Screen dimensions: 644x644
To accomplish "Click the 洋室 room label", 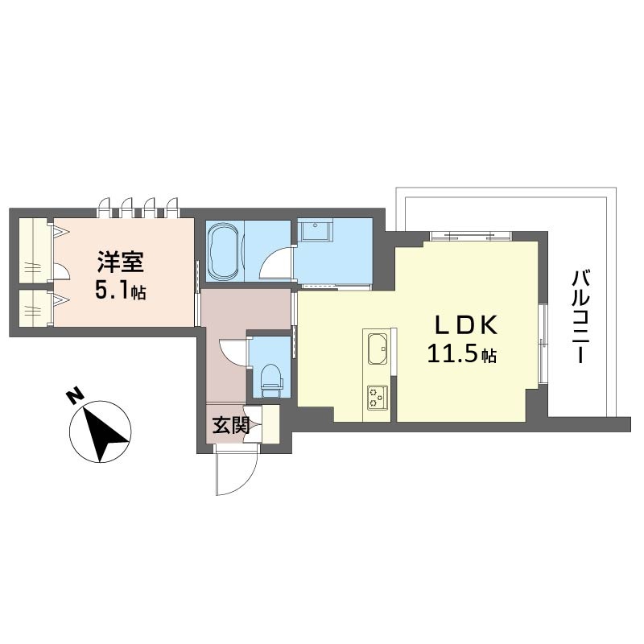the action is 120,262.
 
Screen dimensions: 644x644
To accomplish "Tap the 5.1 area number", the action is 112,291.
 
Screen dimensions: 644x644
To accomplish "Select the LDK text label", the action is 467,325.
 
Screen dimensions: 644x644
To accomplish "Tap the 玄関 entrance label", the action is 231,425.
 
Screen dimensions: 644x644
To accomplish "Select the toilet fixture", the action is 271,380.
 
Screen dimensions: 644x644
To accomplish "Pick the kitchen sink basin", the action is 378,349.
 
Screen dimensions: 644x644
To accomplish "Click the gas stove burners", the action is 378,397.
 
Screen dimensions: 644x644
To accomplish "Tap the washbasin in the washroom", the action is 316,230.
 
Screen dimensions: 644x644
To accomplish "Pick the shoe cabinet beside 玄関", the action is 270,424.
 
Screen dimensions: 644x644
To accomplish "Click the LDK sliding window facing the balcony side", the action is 543,344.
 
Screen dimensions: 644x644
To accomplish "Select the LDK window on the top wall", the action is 471,236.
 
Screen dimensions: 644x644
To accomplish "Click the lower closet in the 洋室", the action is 35,308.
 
